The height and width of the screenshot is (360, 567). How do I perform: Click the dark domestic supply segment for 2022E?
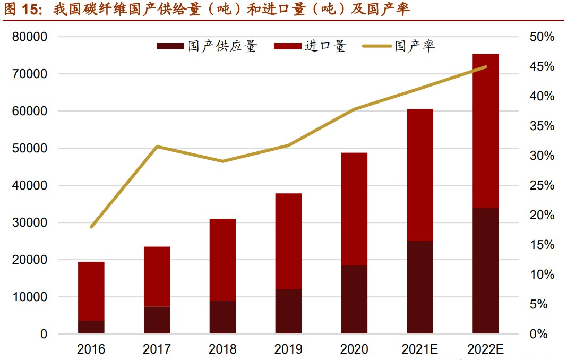tap(486, 271)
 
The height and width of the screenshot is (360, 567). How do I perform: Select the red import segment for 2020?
tap(354, 209)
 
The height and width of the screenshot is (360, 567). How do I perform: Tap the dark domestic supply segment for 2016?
tap(91, 327)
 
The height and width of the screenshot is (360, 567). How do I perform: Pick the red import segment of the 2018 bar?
tap(222, 260)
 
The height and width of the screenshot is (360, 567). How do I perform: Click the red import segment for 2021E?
tap(420, 175)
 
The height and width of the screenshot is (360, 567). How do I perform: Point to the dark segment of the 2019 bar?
tap(288, 312)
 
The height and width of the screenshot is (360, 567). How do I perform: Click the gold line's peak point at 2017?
tap(157, 146)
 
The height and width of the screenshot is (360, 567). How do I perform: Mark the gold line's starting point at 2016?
tap(91, 227)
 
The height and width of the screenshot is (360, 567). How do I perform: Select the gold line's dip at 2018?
tap(222, 161)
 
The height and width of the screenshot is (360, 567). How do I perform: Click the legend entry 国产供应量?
tap(207, 46)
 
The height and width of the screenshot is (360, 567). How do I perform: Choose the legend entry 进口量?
tap(310, 46)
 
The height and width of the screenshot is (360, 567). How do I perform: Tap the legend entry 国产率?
tap(399, 46)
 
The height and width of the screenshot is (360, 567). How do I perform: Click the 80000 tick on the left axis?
tap(33, 37)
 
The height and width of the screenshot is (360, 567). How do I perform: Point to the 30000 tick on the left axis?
tap(33, 223)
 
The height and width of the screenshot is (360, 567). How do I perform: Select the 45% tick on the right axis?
tap(542, 67)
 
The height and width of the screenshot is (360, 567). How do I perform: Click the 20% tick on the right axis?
tap(542, 216)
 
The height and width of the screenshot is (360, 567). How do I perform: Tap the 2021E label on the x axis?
tap(420, 349)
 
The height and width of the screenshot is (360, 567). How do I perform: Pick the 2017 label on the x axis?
tap(157, 349)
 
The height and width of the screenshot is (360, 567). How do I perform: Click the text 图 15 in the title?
tap(21, 10)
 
